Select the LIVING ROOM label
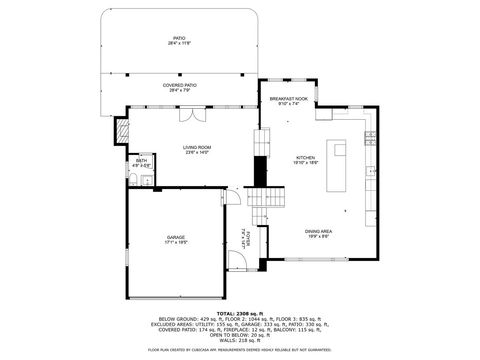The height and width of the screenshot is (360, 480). pyautogui.click(x=195, y=150)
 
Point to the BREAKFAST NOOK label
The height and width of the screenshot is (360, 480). pyautogui.click(x=289, y=101)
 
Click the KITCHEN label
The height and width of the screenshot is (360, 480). pyautogui.click(x=305, y=159)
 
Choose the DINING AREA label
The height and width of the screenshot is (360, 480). pyautogui.click(x=318, y=234)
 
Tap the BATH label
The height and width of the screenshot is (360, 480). pyautogui.click(x=142, y=162)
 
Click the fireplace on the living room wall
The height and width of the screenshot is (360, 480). pyautogui.click(x=124, y=130)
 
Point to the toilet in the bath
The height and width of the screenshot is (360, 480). pyautogui.click(x=147, y=181)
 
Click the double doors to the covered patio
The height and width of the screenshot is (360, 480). pyautogui.click(x=186, y=115)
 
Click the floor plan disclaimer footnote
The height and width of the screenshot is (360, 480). pyautogui.click(x=239, y=350)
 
